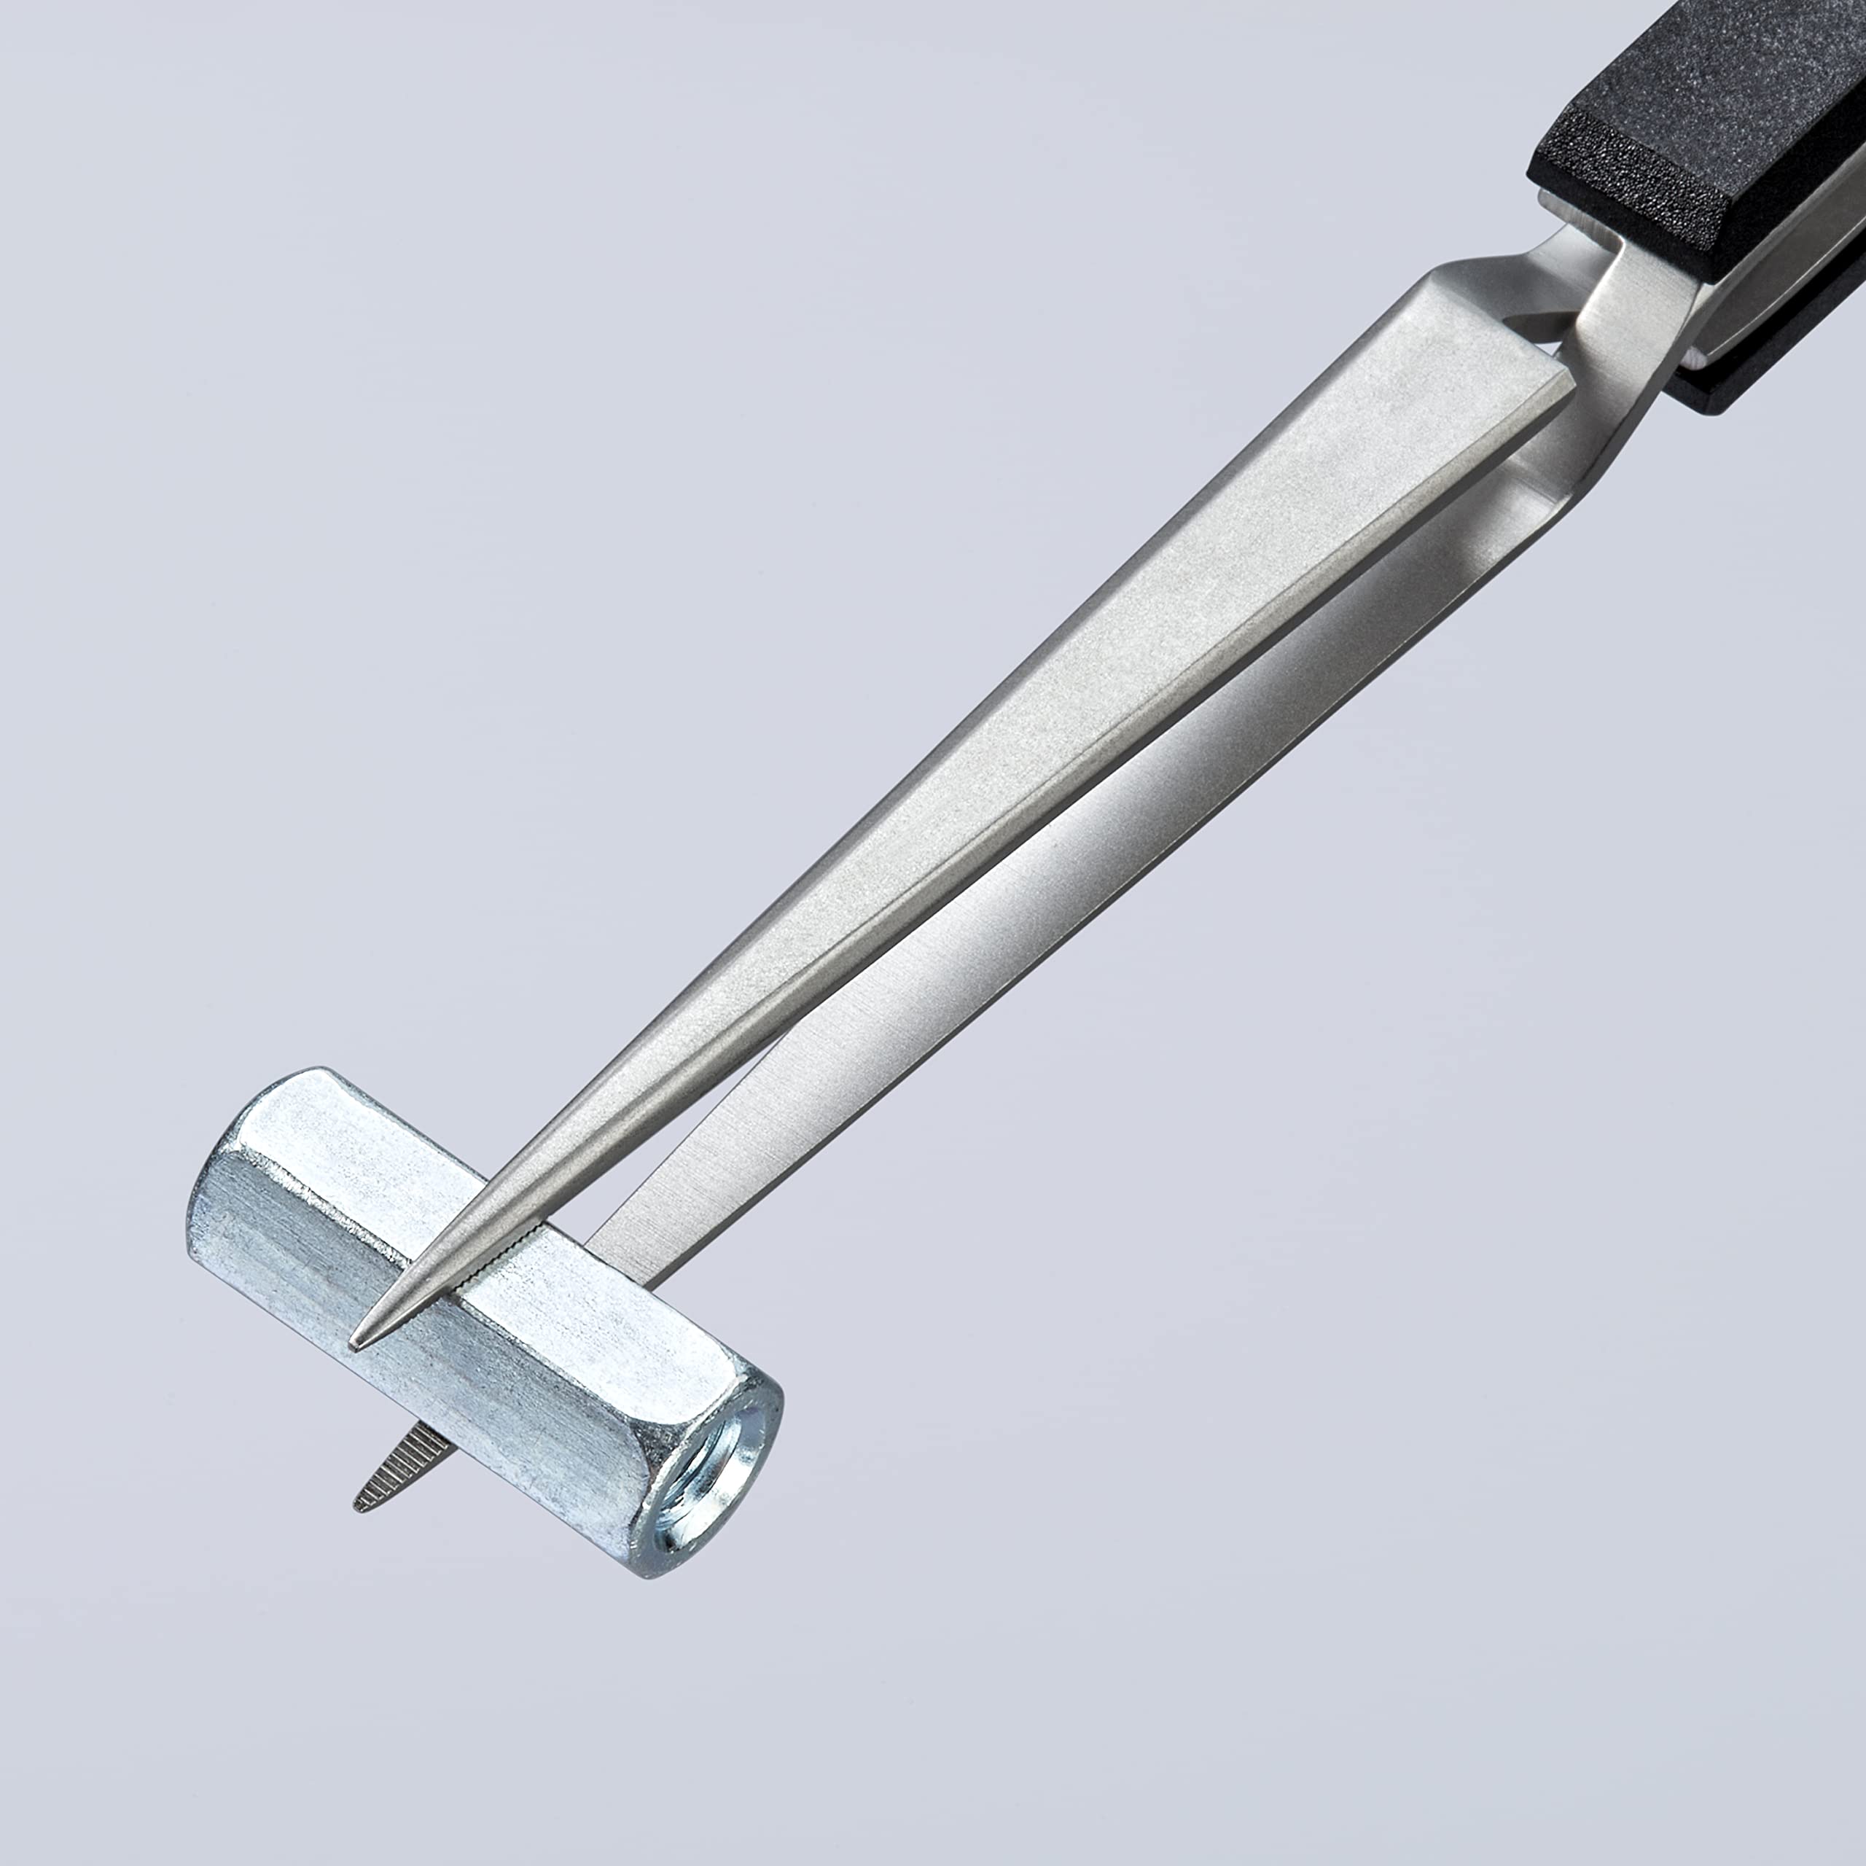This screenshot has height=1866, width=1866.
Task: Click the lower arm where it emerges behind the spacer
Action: click(628, 1246)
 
